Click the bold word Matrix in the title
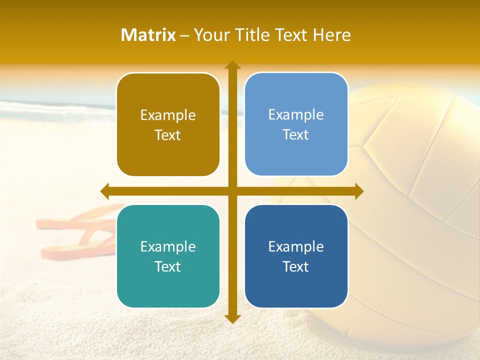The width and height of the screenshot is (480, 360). [148, 35]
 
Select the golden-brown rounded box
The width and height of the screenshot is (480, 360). [168, 124]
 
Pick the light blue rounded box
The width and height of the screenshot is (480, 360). [296, 124]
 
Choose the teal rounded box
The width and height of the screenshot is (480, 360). [168, 256]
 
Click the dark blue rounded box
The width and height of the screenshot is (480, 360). [296, 256]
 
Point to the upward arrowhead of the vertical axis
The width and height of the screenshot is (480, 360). [232, 65]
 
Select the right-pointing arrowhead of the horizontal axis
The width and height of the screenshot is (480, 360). [358, 191]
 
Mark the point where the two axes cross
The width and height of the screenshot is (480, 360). [232, 191]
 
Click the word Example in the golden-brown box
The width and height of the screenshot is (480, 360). [168, 115]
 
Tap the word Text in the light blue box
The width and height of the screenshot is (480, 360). [296, 134]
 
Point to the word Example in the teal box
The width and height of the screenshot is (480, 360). [168, 246]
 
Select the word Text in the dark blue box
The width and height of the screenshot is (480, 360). [296, 266]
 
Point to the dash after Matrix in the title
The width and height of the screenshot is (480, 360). [184, 35]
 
